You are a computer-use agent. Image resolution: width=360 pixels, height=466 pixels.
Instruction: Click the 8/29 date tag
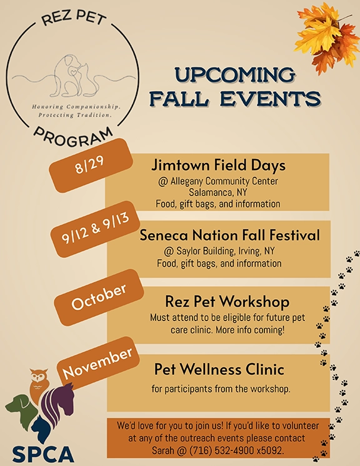click(x=91, y=165)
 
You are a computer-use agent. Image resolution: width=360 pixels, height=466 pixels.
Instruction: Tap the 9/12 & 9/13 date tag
click(x=95, y=229)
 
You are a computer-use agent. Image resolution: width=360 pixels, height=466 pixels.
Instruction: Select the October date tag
click(x=99, y=297)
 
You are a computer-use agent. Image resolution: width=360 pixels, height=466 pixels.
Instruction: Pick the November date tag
click(x=97, y=363)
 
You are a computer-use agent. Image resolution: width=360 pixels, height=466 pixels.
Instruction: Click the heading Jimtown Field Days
click(x=218, y=166)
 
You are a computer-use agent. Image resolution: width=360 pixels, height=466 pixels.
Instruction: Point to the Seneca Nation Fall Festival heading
click(x=230, y=235)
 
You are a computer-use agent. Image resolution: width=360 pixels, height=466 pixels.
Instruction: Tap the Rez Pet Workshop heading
click(x=227, y=302)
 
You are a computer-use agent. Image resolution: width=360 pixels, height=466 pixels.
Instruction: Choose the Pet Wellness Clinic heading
click(x=219, y=369)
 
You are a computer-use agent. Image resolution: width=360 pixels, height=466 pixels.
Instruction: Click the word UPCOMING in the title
click(x=235, y=75)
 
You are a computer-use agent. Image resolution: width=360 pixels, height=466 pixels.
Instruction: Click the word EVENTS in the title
click(x=271, y=98)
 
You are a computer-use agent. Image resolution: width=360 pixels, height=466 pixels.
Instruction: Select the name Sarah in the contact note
click(x=162, y=450)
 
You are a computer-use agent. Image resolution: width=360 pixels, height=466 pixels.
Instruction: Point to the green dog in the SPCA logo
click(x=21, y=411)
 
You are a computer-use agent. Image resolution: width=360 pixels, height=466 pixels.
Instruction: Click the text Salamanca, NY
click(x=218, y=192)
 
